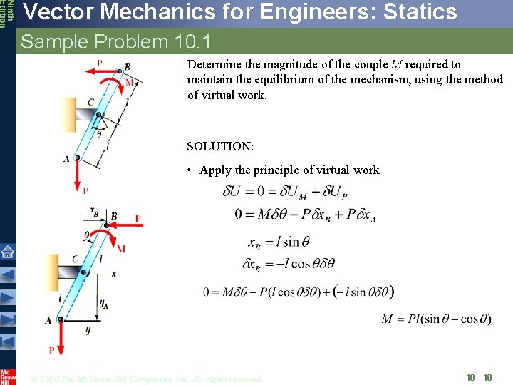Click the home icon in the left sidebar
click(7, 252)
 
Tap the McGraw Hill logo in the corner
click(8, 376)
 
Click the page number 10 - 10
click(478, 377)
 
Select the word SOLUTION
click(220, 146)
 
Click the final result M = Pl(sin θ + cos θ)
click(436, 319)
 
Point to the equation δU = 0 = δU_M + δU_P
click(290, 191)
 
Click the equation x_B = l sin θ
click(279, 242)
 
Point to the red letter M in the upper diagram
click(129, 83)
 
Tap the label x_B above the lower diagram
click(94, 211)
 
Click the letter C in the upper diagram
click(91, 103)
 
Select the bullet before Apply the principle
click(190, 170)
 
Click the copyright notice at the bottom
click(147, 378)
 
